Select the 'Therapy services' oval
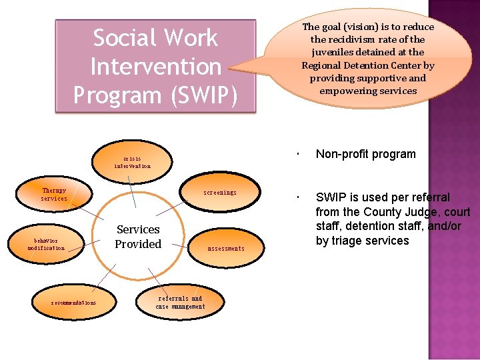[54, 195]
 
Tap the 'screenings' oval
[220, 193]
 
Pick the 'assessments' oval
[225, 248]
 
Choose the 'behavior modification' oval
[47, 244]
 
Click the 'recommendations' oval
[73, 302]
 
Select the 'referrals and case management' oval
[180, 303]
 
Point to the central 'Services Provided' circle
[138, 237]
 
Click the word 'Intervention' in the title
[155, 67]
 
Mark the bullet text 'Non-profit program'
[365, 154]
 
